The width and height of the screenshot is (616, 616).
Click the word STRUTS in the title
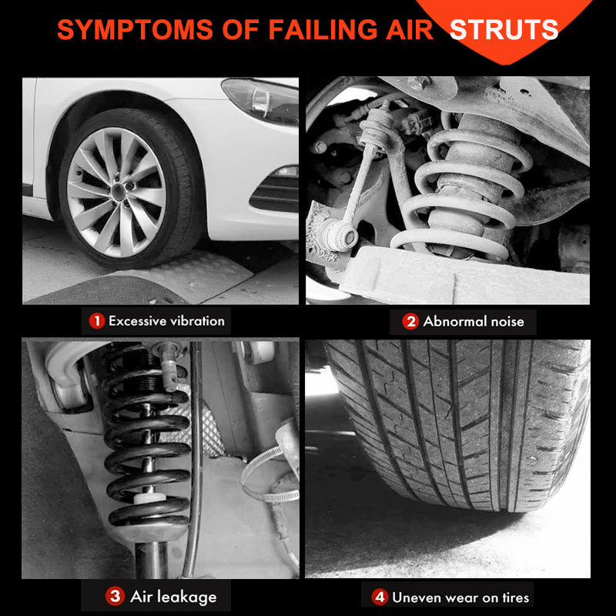(504, 30)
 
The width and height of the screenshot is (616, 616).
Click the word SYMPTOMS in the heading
(136, 30)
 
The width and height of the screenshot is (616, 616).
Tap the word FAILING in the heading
(323, 30)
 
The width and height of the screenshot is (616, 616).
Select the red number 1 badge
(97, 321)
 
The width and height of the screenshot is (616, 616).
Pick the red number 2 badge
(410, 322)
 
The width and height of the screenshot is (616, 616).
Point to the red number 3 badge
(115, 596)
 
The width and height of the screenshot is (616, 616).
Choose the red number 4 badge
(380, 598)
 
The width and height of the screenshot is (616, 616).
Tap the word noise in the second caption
(507, 322)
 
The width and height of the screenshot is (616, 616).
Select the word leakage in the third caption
(189, 598)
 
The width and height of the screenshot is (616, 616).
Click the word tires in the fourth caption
(516, 598)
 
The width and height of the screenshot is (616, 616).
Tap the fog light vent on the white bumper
(276, 192)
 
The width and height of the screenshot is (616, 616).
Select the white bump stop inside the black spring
(149, 498)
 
